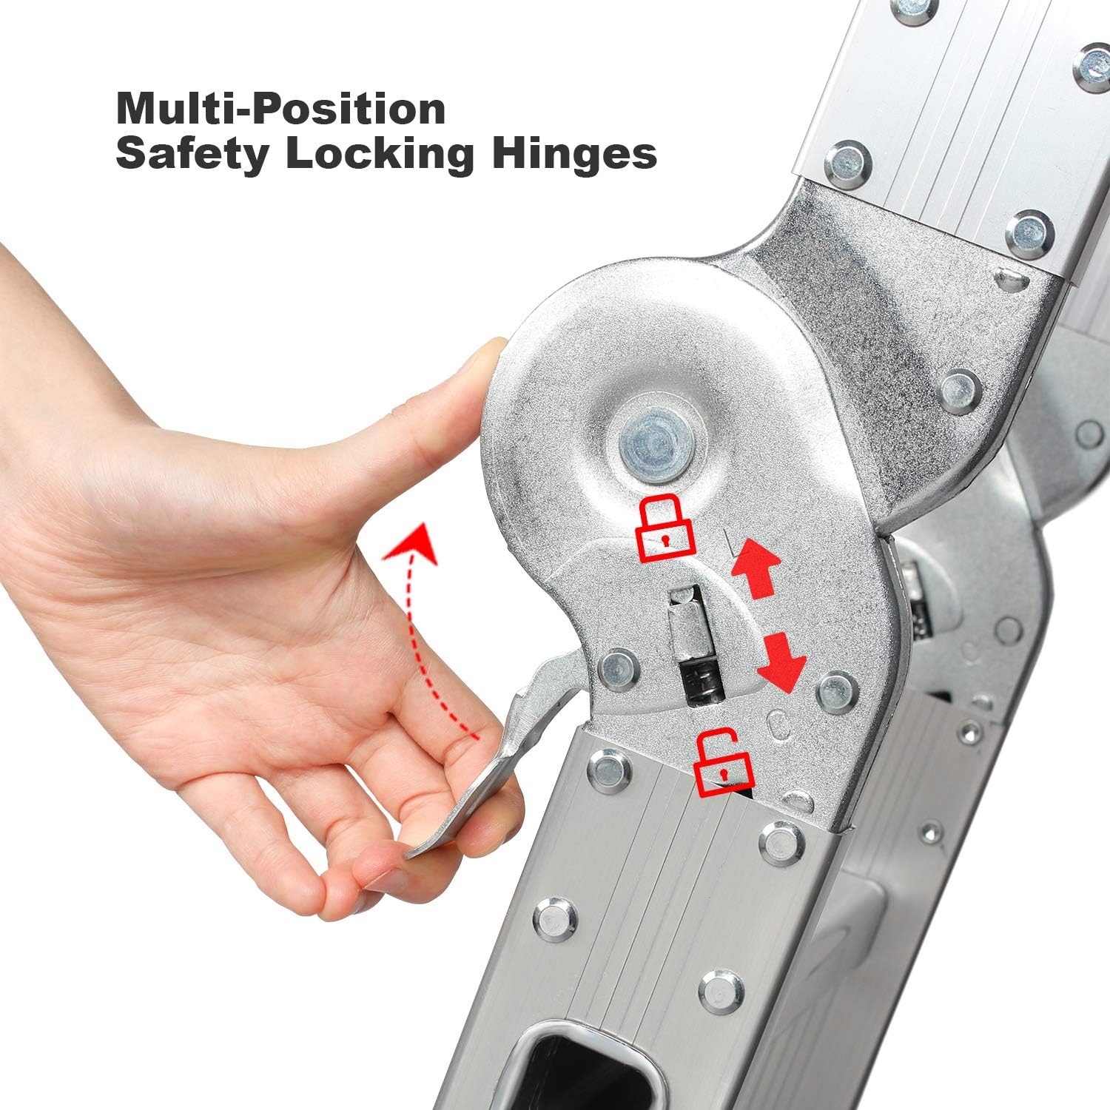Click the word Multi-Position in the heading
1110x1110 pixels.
(281, 109)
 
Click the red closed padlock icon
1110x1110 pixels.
(666, 527)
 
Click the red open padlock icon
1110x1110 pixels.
(724, 764)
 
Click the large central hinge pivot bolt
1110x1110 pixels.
(651, 447)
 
